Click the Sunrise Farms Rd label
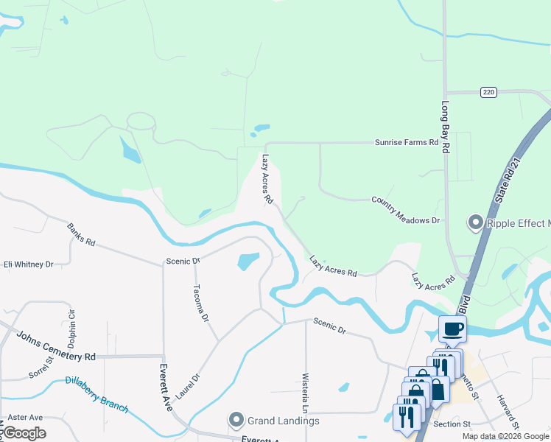tap(406, 142)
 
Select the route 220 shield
tap(488, 92)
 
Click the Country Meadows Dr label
tap(405, 210)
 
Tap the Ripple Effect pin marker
tap(475, 222)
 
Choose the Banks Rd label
tap(81, 235)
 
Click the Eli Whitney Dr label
tap(29, 264)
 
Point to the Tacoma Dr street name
tap(200, 304)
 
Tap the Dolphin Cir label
tap(72, 329)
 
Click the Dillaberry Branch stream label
tap(96, 394)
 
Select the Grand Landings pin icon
tap(236, 421)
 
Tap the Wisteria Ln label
tap(305, 393)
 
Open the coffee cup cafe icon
tap(452, 329)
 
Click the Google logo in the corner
tap(24, 433)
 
